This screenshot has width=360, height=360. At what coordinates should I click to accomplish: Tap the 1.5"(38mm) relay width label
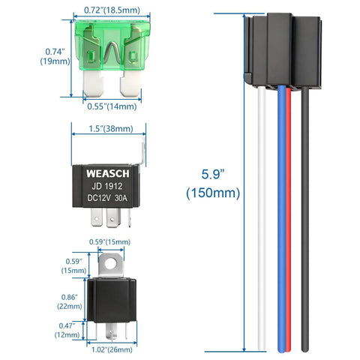coord(107,128)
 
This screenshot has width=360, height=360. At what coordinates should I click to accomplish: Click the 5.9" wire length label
coord(213,174)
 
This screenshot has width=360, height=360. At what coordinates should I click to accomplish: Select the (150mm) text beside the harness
coord(213,193)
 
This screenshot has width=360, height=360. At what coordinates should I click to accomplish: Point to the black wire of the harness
coord(306,225)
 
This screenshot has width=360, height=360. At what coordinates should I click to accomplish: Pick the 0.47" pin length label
coord(68,325)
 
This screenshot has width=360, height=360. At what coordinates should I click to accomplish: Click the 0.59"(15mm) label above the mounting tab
coord(109,241)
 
